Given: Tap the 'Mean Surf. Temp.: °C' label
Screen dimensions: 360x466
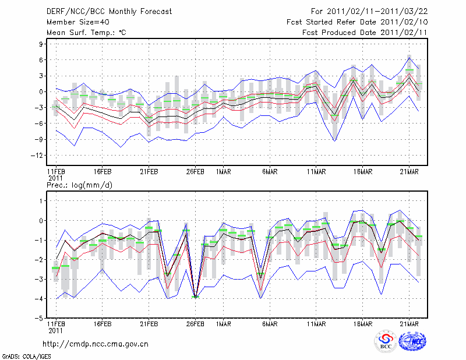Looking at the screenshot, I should click(86, 33).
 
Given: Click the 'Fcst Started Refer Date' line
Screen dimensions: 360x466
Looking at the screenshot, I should click(357, 22).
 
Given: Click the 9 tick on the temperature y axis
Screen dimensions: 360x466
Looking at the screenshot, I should click(42, 44).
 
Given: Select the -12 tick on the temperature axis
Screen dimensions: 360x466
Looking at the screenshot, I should click(38, 156).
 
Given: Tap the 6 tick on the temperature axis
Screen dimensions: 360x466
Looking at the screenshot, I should click(42, 60).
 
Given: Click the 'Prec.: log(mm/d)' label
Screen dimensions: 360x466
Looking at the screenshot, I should click(79, 185).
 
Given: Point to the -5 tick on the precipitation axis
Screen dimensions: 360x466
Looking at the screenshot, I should click(40, 318).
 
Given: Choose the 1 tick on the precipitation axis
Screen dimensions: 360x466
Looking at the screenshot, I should click(42, 201).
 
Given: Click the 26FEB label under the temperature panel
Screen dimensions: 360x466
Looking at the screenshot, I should click(195, 172).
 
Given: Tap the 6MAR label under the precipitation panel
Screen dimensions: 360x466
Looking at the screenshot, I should click(269, 324).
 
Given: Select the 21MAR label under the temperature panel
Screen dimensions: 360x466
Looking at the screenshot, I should click(409, 172).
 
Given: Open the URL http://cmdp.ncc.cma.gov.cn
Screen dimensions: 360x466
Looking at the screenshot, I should click(96, 344).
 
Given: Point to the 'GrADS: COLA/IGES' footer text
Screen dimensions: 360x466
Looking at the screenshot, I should click(26, 356).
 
